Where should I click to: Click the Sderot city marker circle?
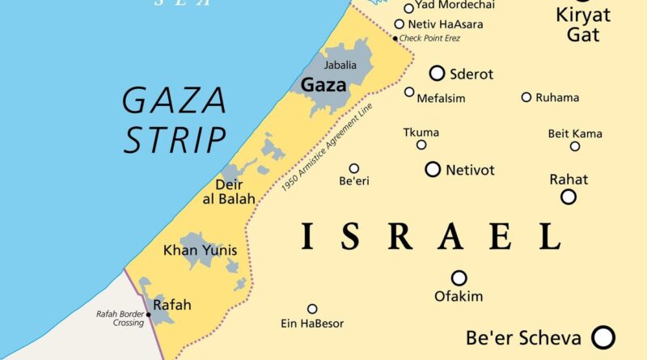point(437,74)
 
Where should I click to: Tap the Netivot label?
point(470,170)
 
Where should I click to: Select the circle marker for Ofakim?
point(459,278)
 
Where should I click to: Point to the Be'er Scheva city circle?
point(603,337)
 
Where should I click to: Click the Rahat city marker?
point(569,197)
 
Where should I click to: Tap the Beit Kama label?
point(575,133)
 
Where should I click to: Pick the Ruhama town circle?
point(526,97)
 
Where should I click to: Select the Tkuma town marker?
point(421,145)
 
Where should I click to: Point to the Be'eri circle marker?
point(354,168)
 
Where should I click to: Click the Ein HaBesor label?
point(312,324)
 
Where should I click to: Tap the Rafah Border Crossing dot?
point(148,315)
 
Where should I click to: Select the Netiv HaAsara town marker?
point(400,24)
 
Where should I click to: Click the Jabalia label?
point(340,65)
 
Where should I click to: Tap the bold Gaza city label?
point(323,84)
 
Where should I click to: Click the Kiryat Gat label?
point(584,24)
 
